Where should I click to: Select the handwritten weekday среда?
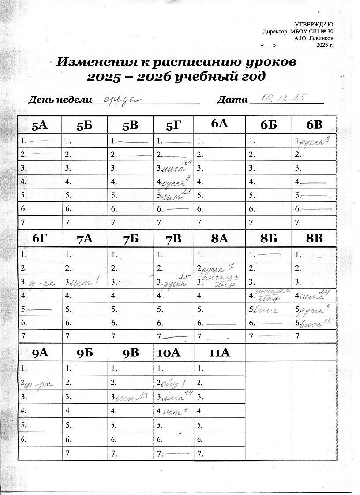[120, 99]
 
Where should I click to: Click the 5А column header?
[40, 126]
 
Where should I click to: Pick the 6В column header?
[314, 125]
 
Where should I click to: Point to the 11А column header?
[219, 353]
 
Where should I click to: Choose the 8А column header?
[219, 239]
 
